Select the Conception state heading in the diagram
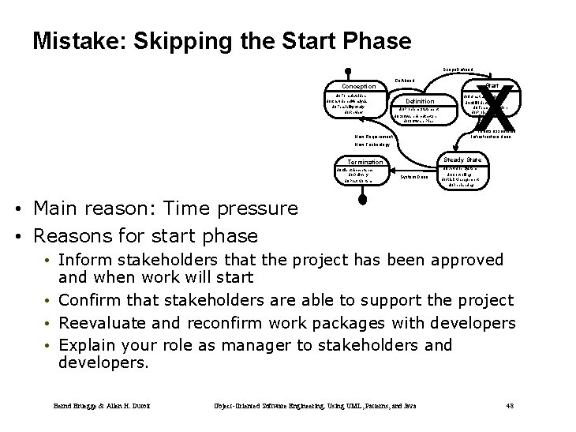357,86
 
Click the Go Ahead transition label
405,80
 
